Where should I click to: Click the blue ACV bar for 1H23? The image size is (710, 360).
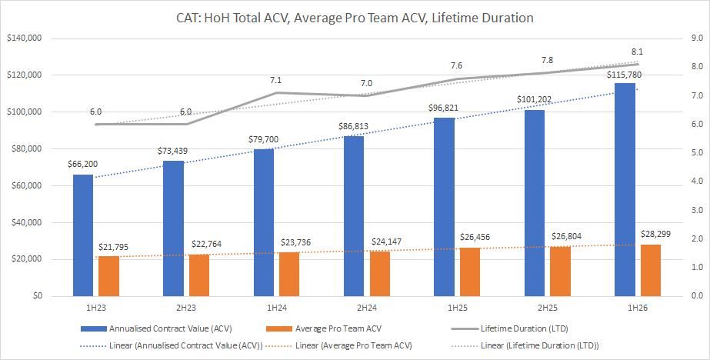pyautogui.click(x=83, y=235)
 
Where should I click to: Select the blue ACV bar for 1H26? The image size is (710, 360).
pyautogui.click(x=625, y=189)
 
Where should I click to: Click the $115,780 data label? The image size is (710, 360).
pyautogui.click(x=625, y=75)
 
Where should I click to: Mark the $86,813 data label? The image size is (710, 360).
pyautogui.click(x=354, y=125)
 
